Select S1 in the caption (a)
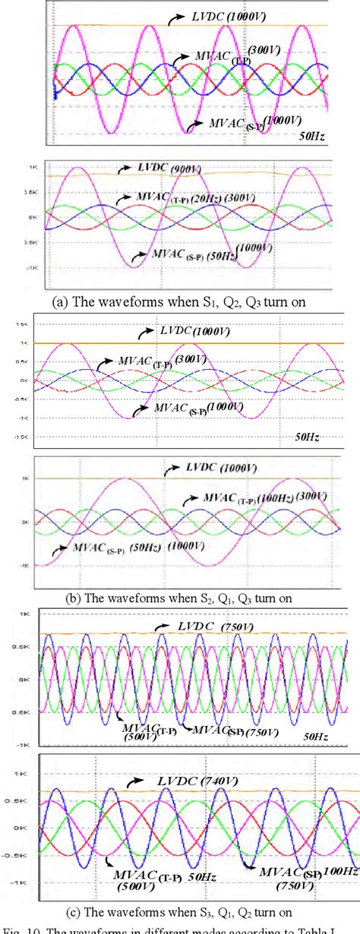click(x=185, y=301)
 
